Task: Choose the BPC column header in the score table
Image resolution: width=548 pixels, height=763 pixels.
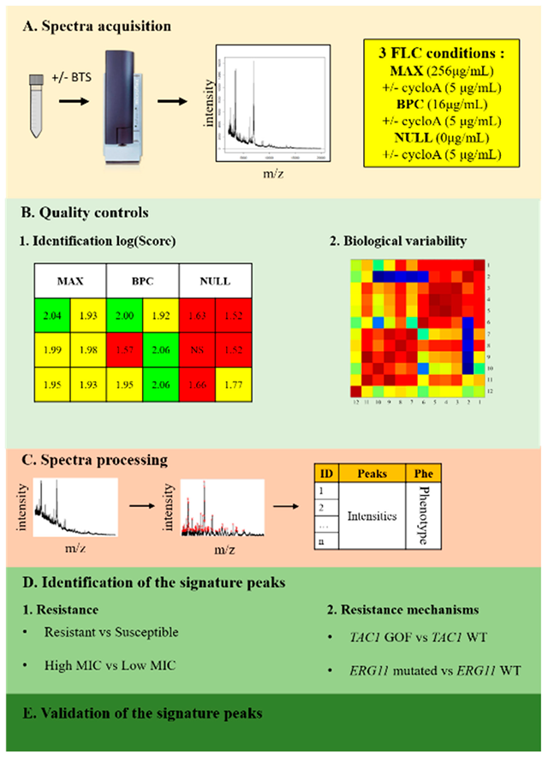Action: pyautogui.click(x=142, y=280)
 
